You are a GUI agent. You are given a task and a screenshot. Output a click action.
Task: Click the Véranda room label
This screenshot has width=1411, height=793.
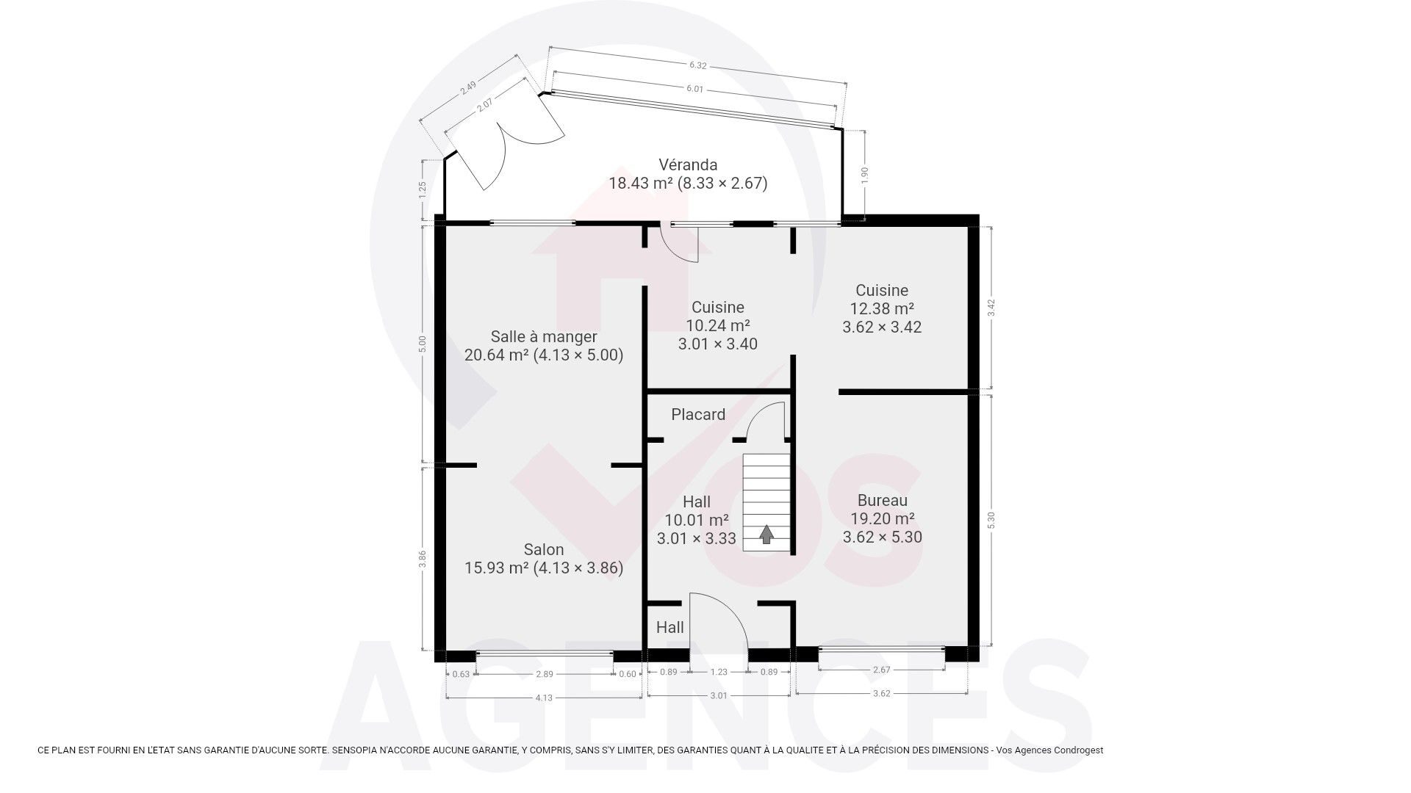(x=688, y=164)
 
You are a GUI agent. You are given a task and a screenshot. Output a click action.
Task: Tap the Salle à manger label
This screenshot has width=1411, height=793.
(x=544, y=336)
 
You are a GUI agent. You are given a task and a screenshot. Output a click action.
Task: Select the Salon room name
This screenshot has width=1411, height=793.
(x=544, y=549)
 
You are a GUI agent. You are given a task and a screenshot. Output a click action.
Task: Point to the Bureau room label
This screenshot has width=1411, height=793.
(x=882, y=501)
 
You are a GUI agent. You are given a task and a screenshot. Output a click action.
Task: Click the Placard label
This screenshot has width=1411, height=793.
(x=698, y=414)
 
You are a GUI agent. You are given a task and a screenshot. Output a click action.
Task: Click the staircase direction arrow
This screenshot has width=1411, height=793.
(x=766, y=534)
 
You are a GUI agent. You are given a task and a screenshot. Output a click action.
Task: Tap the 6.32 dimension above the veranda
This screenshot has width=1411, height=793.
(x=697, y=65)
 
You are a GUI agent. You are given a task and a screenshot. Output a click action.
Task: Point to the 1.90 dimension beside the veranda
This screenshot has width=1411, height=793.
(x=865, y=175)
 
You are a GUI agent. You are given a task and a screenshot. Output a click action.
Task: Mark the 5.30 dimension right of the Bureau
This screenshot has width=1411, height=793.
(x=991, y=520)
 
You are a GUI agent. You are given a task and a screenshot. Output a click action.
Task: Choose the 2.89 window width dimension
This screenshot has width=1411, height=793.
(x=544, y=673)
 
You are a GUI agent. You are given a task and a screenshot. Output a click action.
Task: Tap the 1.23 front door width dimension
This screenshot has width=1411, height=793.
(x=719, y=672)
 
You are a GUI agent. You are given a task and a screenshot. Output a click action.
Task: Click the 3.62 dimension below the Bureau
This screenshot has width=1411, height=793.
(x=881, y=693)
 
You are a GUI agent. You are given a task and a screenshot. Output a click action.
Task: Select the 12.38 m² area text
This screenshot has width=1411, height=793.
(x=882, y=308)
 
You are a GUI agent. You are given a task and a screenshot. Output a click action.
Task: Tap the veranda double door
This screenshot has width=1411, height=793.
(x=507, y=140)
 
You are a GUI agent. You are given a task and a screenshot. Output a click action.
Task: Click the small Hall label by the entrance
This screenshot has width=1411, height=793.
(x=669, y=627)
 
